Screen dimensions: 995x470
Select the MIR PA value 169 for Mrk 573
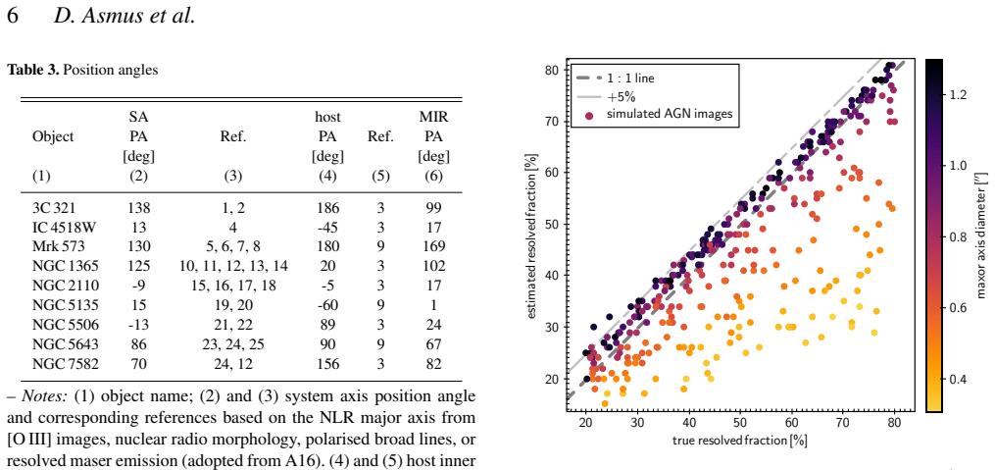[x=433, y=246]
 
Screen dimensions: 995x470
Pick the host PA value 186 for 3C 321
[x=328, y=208]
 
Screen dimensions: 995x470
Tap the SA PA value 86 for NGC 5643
[x=138, y=343]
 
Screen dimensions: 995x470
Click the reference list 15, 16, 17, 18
[x=233, y=286]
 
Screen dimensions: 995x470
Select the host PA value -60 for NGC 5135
[x=328, y=305]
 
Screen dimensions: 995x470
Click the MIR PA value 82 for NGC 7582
[x=433, y=363]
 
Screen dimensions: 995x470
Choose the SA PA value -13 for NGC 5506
[x=138, y=325]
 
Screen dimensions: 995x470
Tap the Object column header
[x=53, y=136]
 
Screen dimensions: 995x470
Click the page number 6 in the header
[x=13, y=16]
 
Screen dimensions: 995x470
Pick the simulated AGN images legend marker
[x=590, y=115]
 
